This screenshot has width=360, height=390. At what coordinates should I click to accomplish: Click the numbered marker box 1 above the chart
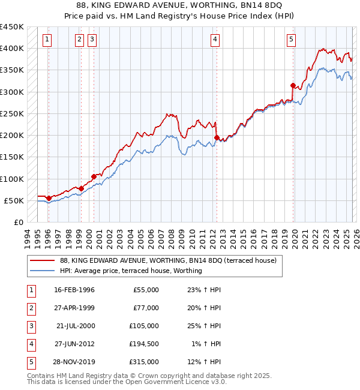click(x=47, y=40)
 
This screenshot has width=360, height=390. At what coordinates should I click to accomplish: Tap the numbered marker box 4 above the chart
click(x=215, y=40)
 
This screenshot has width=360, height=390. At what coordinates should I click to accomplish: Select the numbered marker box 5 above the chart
click(x=291, y=40)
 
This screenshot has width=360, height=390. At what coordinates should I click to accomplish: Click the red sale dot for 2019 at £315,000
click(x=293, y=85)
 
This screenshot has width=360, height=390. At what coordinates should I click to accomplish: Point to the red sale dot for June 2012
click(x=217, y=137)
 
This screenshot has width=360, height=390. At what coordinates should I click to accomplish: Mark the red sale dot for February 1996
click(x=49, y=198)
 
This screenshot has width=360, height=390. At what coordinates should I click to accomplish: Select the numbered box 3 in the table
click(x=31, y=326)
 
